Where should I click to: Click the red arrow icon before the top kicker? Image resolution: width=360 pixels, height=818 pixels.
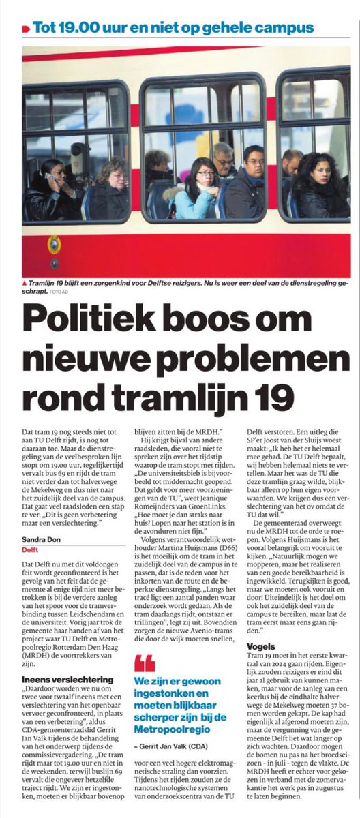(x=25, y=29)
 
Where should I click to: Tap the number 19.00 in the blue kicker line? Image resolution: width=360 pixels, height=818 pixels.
(x=74, y=28)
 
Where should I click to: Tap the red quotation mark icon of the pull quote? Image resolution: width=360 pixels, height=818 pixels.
(x=145, y=661)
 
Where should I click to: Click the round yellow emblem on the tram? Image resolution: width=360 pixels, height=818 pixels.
(x=53, y=244)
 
